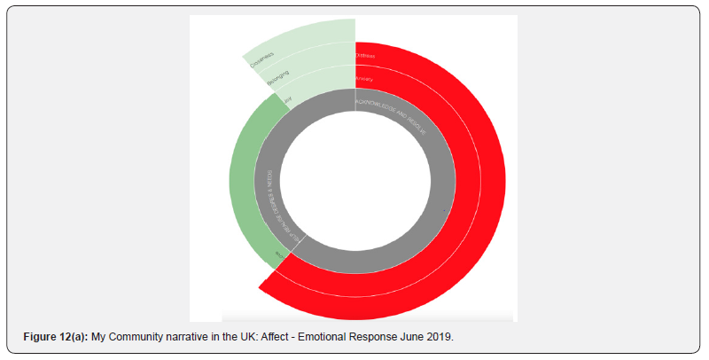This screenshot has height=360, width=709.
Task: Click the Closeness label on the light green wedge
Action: (261, 60)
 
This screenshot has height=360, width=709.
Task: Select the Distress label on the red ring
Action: (365, 56)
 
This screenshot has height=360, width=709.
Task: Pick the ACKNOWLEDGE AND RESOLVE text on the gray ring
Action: (391, 115)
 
